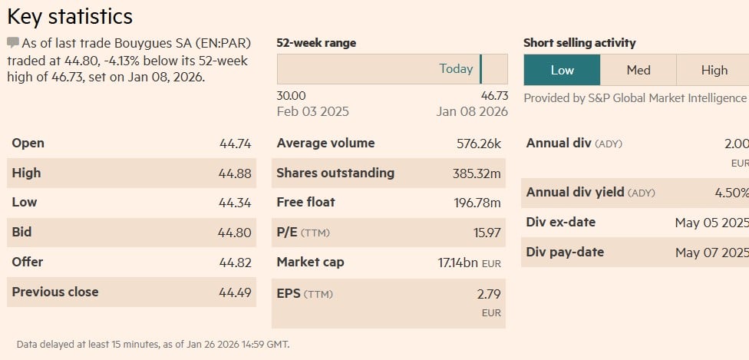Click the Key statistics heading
[70, 17]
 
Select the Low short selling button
[562, 70]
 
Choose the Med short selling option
[638, 70]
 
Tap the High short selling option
[714, 70]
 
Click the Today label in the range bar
[456, 69]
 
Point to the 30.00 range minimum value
[291, 96]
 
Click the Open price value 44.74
[235, 144]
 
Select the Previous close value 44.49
[235, 292]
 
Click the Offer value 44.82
[235, 263]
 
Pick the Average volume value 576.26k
[478, 144]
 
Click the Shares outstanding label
[335, 173]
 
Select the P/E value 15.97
[487, 233]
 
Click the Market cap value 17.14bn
[458, 263]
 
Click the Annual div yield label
[575, 193]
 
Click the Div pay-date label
[565, 252]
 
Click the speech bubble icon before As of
[13, 42]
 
